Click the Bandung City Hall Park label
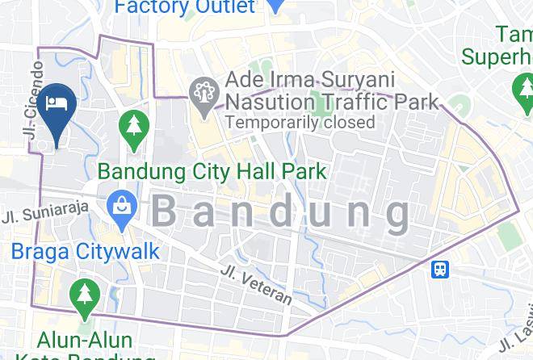(212, 171)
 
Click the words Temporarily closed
(300, 123)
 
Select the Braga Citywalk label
(86, 251)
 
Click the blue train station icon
(440, 269)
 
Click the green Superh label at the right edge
(497, 57)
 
